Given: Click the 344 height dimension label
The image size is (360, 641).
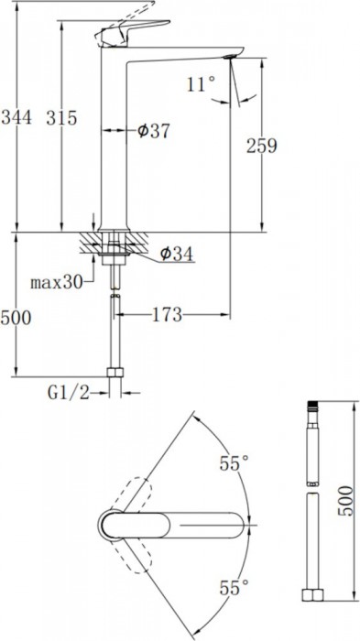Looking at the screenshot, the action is click(x=16, y=118).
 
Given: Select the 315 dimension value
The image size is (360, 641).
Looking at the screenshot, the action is click(x=61, y=118).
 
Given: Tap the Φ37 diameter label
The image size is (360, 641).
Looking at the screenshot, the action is click(x=153, y=132).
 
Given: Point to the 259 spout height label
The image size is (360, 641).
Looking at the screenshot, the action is click(x=261, y=146).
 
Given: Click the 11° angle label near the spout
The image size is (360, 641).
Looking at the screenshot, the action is click(x=201, y=84).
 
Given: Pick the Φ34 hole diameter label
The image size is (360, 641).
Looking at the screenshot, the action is click(x=177, y=255).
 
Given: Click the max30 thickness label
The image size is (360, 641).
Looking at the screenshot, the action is click(x=57, y=282).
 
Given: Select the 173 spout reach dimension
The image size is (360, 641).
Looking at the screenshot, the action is click(x=167, y=315).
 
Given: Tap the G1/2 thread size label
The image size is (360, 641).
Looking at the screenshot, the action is click(x=69, y=393).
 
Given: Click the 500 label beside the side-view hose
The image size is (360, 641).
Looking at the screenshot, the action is click(x=16, y=318).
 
